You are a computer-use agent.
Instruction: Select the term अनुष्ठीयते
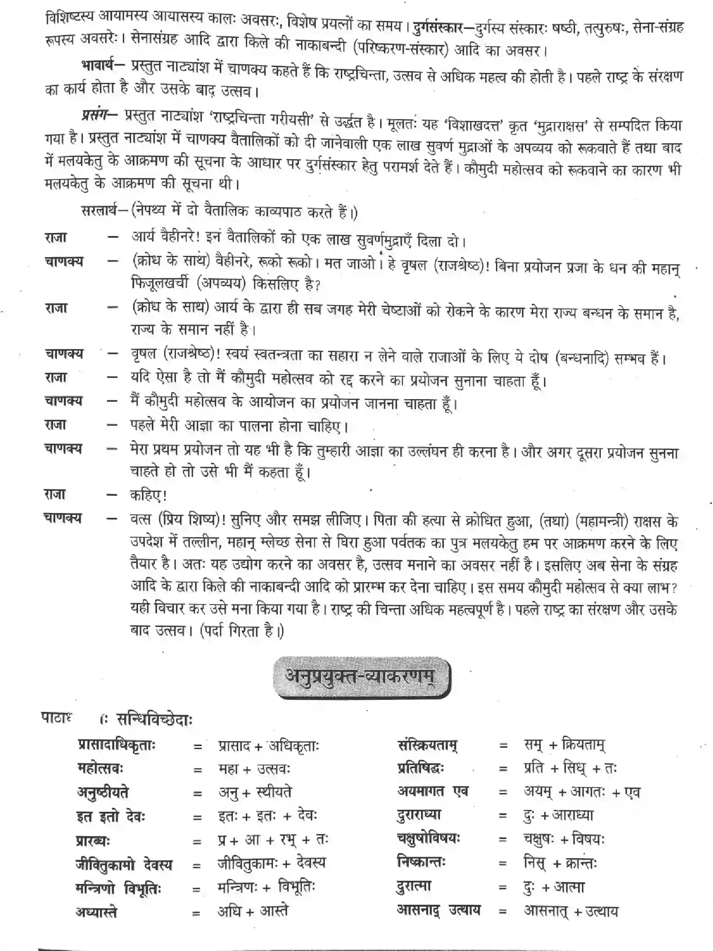click(x=103, y=792)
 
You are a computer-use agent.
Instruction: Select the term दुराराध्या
click(x=419, y=815)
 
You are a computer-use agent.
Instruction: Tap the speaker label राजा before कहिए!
click(x=56, y=494)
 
